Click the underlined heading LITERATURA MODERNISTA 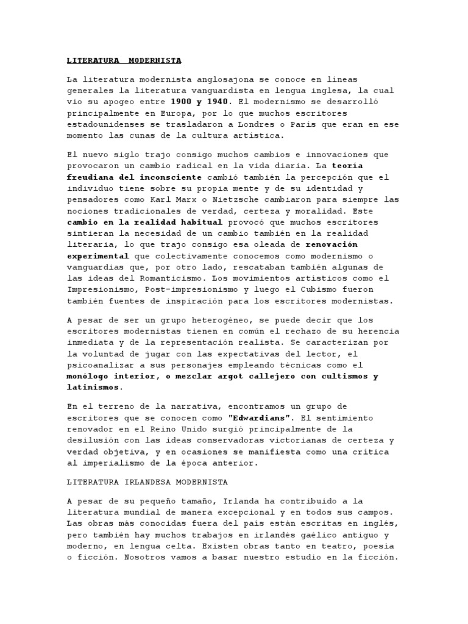point(124,61)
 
